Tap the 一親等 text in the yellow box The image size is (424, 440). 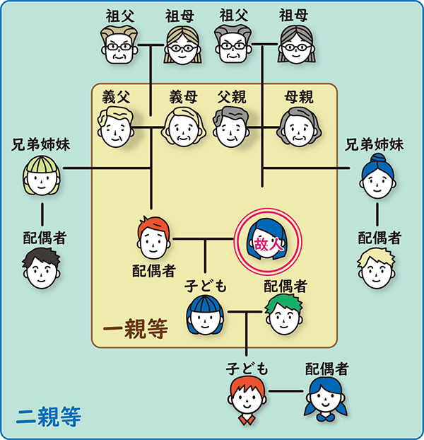(x=134, y=330)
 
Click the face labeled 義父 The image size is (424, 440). (x=116, y=127)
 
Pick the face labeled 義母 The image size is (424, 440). (x=184, y=127)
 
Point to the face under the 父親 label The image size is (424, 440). (x=230, y=127)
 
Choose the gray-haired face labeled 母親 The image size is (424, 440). (x=298, y=127)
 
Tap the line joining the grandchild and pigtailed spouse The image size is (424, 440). (x=286, y=391)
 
